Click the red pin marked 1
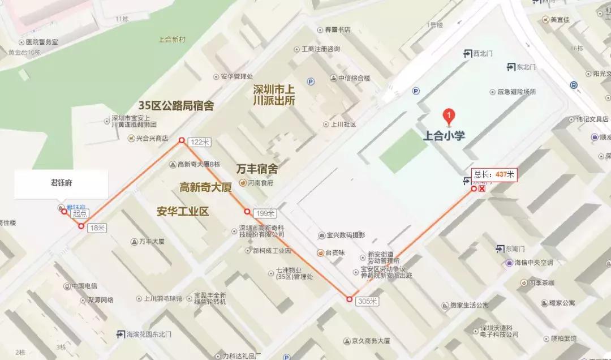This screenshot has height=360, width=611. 449,117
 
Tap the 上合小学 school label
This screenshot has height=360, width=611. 448,136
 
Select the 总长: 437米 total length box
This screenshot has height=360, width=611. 494,174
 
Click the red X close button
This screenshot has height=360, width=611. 482,188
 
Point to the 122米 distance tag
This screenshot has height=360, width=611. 199,142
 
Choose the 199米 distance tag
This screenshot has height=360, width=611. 265,213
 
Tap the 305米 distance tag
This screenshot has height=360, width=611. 367,301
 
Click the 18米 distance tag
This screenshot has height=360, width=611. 97,228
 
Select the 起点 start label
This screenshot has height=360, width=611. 80,213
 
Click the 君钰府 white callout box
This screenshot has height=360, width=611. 61,183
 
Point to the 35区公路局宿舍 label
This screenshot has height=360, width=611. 176,106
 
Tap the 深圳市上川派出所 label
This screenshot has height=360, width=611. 274,95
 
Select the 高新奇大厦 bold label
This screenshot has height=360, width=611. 206,187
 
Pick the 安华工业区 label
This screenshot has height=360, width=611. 183,212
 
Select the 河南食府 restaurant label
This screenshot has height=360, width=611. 261,183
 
